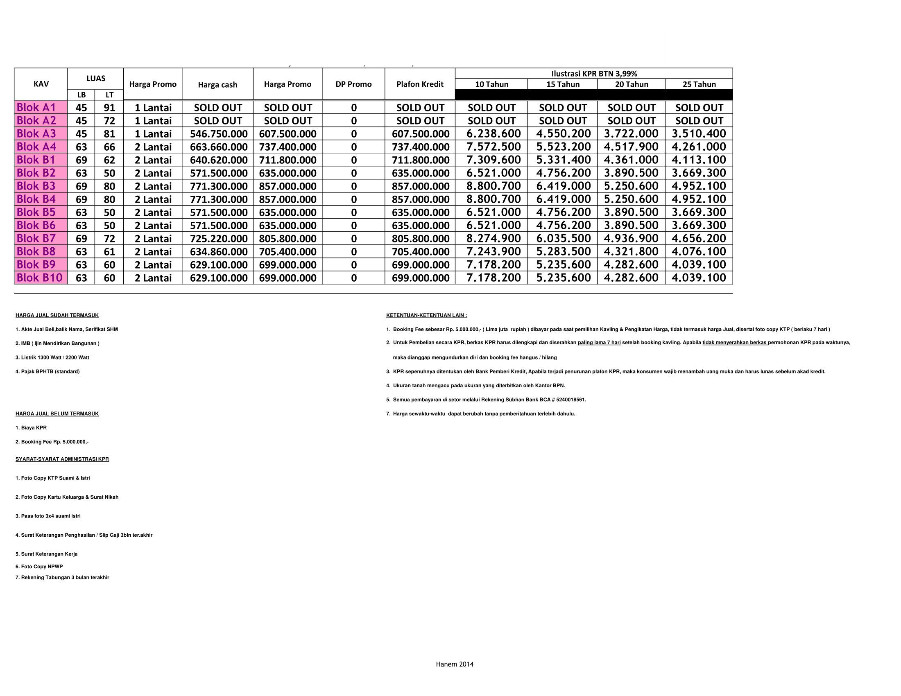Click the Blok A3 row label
click(x=36, y=133)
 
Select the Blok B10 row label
click(x=40, y=278)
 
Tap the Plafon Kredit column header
click(x=419, y=84)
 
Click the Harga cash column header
click(x=217, y=85)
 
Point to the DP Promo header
click(x=353, y=84)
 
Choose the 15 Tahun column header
click(x=563, y=84)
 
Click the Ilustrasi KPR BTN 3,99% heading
click(x=594, y=74)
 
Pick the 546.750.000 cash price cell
click(x=218, y=134)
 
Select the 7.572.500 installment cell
click(x=494, y=147)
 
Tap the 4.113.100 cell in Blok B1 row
click(x=698, y=160)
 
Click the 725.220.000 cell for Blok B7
click(x=218, y=239)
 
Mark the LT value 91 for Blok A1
click(x=109, y=108)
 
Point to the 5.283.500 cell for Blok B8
click(x=563, y=251)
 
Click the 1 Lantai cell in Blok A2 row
click(x=153, y=121)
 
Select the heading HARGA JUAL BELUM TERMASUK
click(x=57, y=414)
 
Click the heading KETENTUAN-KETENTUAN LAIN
click(x=426, y=315)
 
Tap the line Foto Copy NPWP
click(x=39, y=567)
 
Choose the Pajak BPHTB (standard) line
click(x=48, y=371)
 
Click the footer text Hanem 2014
click(x=454, y=664)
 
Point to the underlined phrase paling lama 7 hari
click(x=599, y=343)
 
